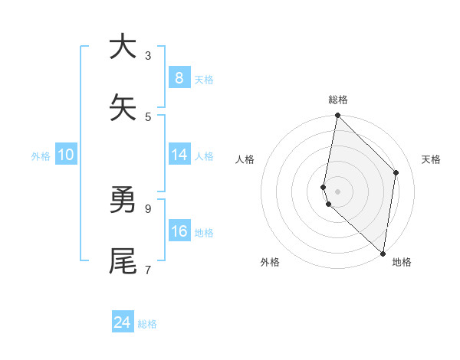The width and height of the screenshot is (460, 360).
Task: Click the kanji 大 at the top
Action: pyautogui.click(x=123, y=47)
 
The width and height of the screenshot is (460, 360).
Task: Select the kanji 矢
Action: pyautogui.click(x=123, y=108)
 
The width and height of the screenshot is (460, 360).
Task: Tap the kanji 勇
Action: pyautogui.click(x=123, y=201)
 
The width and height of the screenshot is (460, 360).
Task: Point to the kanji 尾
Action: pyautogui.click(x=123, y=261)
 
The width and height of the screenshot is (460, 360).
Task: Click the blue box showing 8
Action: pyautogui.click(x=179, y=77)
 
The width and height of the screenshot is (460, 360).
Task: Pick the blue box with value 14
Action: pyautogui.click(x=179, y=155)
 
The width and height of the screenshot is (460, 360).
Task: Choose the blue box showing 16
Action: pyautogui.click(x=179, y=231)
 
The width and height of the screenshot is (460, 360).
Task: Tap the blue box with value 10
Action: pyautogui.click(x=66, y=155)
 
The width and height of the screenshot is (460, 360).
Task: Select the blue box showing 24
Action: pyautogui.click(x=123, y=322)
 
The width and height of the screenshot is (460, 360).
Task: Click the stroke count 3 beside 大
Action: pyautogui.click(x=148, y=55)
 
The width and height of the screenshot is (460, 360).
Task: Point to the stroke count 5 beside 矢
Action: pyautogui.click(x=148, y=116)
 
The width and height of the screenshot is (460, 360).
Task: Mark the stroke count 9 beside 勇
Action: pyautogui.click(x=148, y=208)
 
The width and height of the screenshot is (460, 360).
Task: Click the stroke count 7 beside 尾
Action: pyautogui.click(x=148, y=270)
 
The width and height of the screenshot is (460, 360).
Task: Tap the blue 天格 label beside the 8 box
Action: pyautogui.click(x=204, y=79)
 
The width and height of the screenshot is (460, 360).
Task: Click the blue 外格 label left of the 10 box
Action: pyautogui.click(x=41, y=156)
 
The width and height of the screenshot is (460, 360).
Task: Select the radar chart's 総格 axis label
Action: pyautogui.click(x=338, y=100)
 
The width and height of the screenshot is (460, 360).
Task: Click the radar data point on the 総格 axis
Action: pyautogui.click(x=337, y=116)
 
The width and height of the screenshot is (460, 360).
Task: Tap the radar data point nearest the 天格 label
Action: pyautogui.click(x=396, y=172)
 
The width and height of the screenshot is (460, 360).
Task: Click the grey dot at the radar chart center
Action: pyautogui.click(x=337, y=191)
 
